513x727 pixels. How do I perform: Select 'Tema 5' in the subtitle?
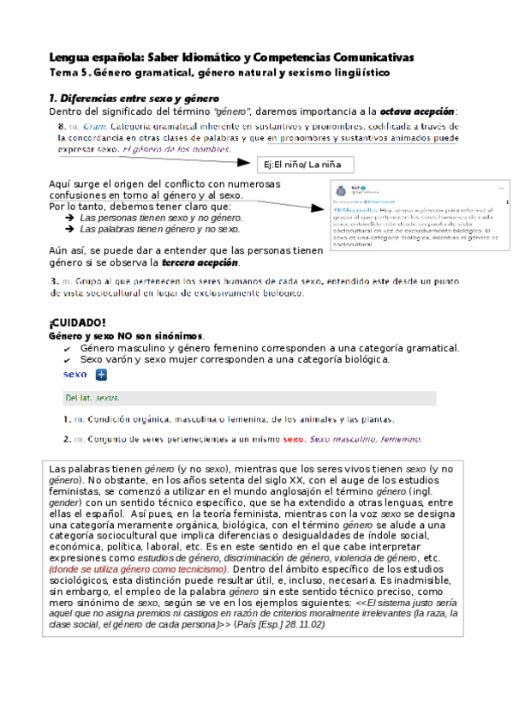point(69,73)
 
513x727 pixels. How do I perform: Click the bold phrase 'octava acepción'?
point(420,111)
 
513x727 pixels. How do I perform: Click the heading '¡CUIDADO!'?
point(77,322)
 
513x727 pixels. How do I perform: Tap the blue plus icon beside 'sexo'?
point(100,375)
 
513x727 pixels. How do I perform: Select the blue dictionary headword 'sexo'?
point(75,375)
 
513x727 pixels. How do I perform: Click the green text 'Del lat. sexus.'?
point(92,398)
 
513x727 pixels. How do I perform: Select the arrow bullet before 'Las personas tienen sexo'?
point(69,219)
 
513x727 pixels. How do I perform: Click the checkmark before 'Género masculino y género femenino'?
point(68,348)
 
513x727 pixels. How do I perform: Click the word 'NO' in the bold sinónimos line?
point(125,336)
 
